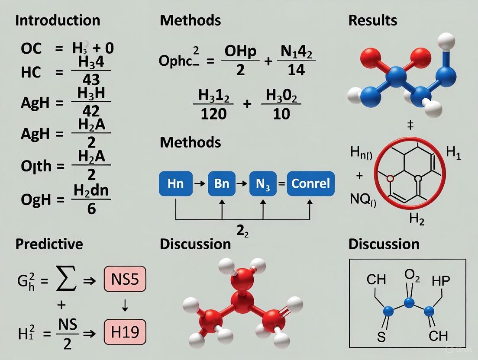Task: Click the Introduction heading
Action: (58, 20)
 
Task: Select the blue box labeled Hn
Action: (175, 183)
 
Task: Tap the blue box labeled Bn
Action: (222, 183)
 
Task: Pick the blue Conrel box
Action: (310, 183)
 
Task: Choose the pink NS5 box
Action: (125, 280)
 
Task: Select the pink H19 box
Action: (125, 332)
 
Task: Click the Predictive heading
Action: (49, 244)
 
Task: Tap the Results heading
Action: (373, 20)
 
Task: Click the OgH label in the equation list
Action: (36, 199)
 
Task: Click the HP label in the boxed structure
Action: (441, 281)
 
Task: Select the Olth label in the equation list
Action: (36, 166)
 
